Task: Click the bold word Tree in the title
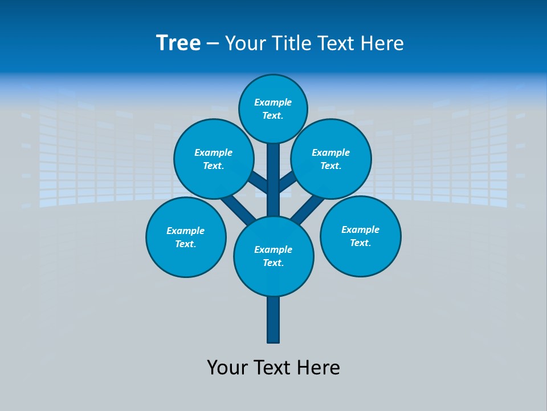coord(178,43)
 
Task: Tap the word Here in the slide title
coord(384,43)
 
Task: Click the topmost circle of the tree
coord(273,108)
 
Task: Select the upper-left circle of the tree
coord(214,159)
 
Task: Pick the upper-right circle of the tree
coord(331,159)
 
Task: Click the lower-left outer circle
coord(186,237)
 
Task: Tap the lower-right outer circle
coord(361,236)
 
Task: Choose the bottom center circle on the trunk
coord(273,256)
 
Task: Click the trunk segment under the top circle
coord(273,171)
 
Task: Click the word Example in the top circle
coord(273,102)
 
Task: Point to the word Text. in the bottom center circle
coord(273,263)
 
